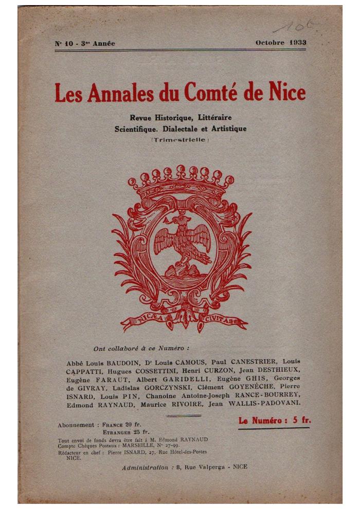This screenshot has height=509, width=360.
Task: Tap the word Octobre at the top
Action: (270, 43)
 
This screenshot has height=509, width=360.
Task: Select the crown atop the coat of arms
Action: (181, 183)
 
